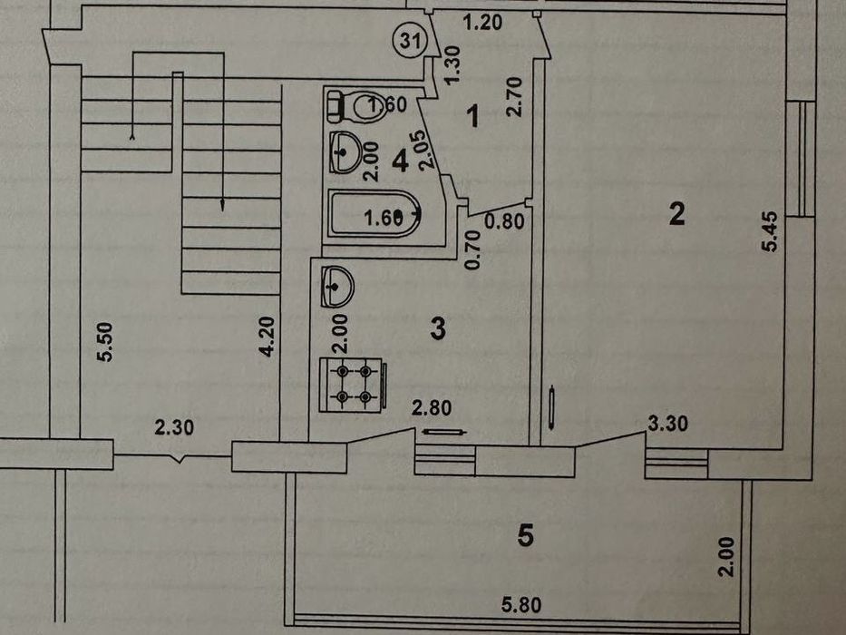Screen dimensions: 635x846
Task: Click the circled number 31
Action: coord(409,40)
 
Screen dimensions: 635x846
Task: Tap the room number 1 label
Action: coord(472,116)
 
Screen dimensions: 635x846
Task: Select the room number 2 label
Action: coord(676,214)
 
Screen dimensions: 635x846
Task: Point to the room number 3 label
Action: coord(438,328)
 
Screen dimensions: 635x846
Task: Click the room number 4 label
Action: coord(400,161)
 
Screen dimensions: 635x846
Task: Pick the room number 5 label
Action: coord(525,536)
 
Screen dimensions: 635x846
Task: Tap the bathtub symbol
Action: coord(373,216)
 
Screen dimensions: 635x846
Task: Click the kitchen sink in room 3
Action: coord(337,288)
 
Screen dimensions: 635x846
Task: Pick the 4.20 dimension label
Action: coord(267,336)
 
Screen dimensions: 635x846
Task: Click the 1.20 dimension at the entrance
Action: coord(483,24)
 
